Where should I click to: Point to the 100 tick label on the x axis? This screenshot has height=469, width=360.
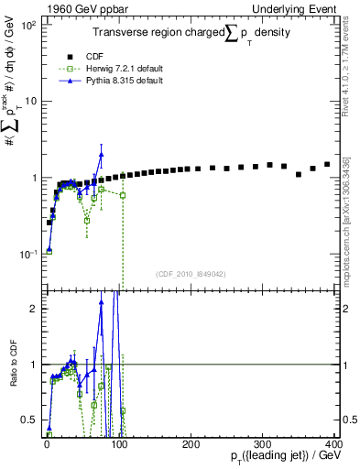117,444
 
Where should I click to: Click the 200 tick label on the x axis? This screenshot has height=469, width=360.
190,444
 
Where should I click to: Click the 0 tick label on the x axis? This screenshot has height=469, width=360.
46,444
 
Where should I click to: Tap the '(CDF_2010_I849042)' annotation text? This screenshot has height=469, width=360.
191,273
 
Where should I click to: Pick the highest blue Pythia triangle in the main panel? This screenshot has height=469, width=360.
102,155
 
